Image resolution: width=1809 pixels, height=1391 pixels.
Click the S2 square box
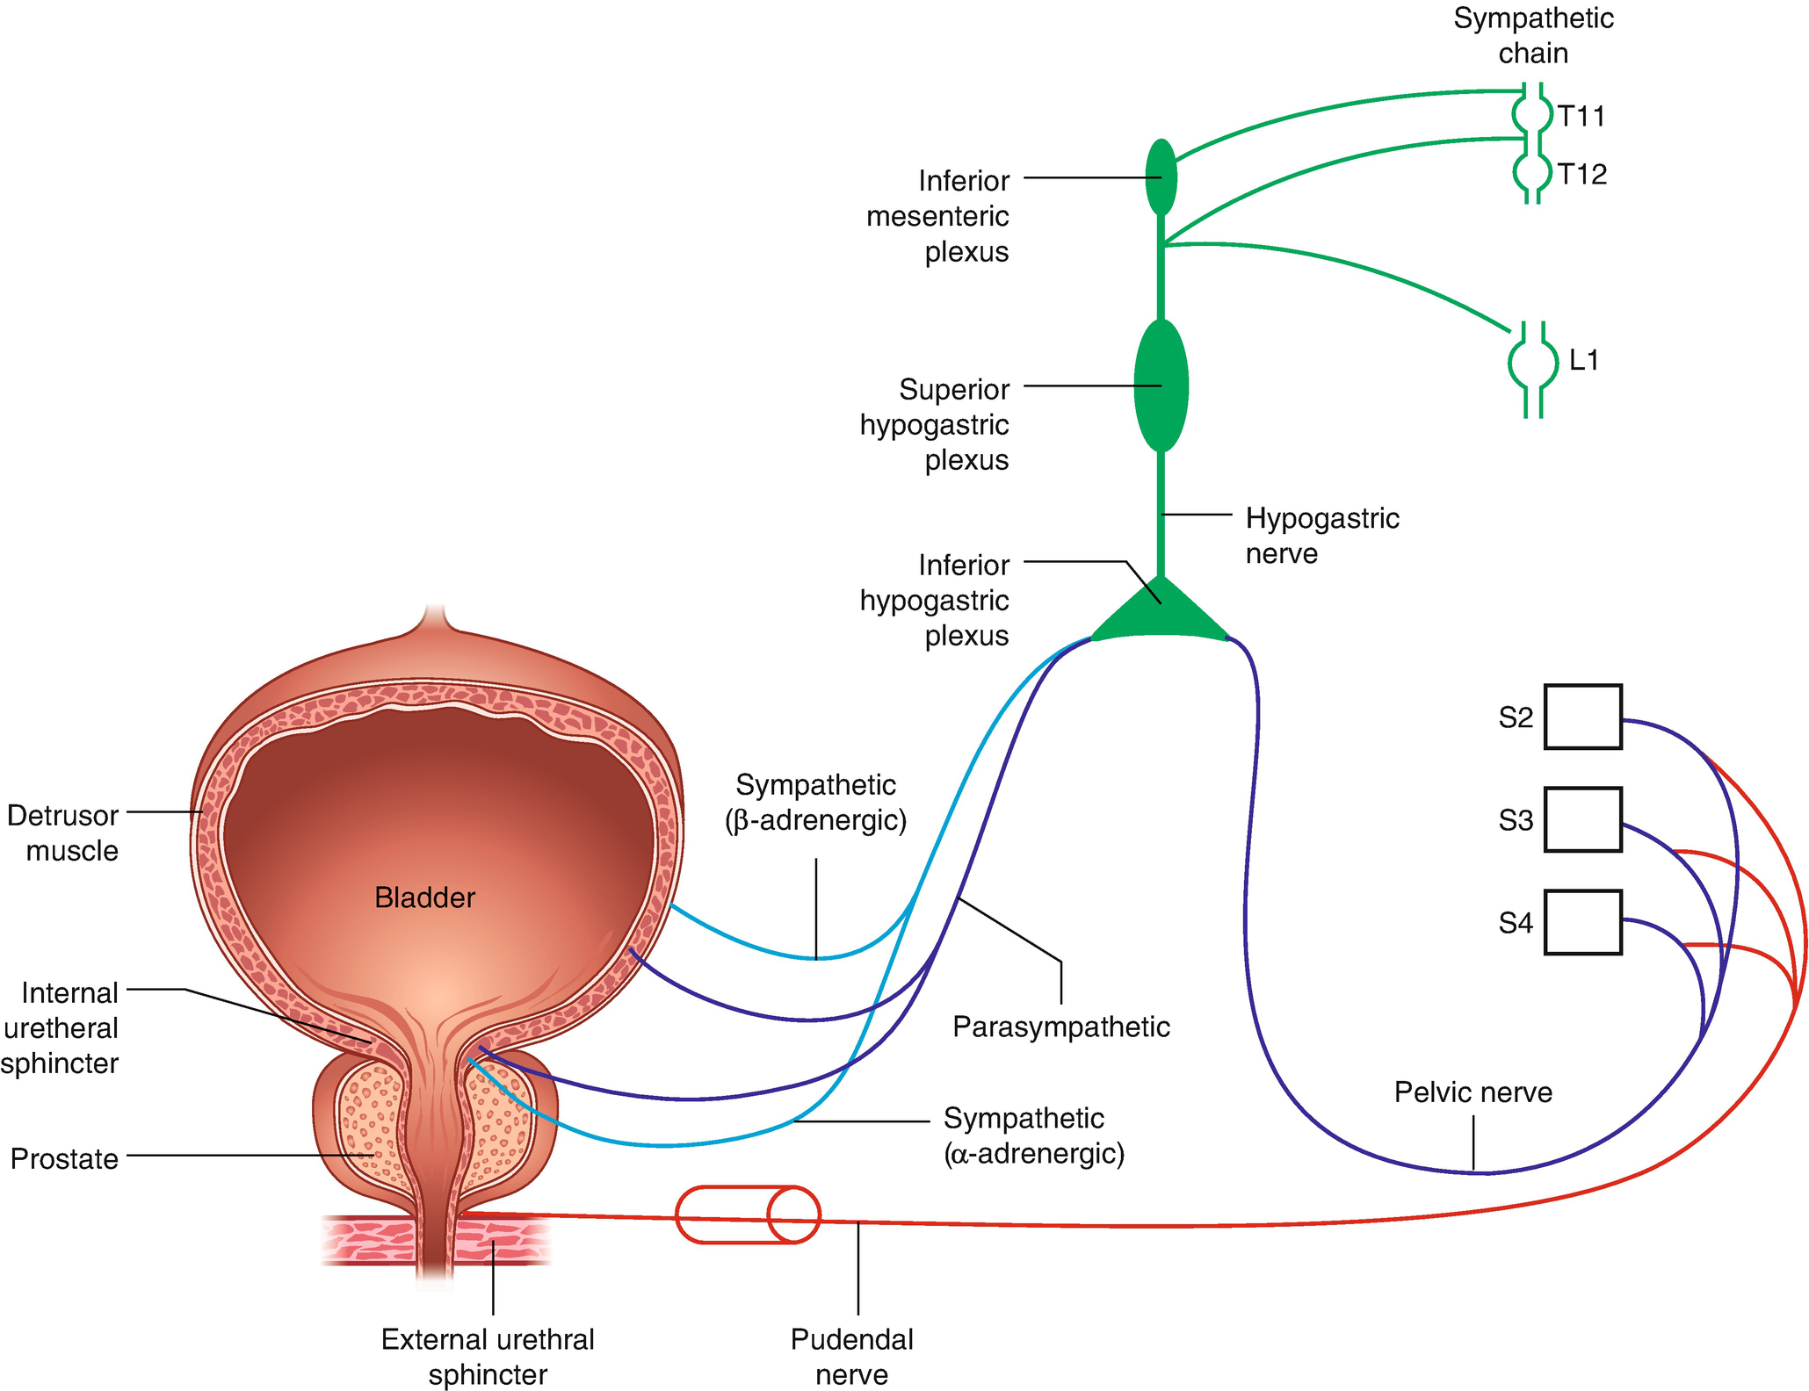[1582, 717]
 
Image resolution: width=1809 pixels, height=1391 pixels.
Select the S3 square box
[1582, 819]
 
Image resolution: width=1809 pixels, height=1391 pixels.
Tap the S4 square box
[1582, 922]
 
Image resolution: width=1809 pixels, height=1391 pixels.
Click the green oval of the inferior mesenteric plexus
[1161, 177]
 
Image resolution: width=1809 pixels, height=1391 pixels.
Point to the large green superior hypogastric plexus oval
[1161, 386]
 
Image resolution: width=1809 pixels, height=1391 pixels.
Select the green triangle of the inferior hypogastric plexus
[1160, 614]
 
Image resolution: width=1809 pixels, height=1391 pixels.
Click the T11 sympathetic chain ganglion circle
[1532, 114]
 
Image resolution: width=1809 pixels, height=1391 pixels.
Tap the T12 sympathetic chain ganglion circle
[1532, 172]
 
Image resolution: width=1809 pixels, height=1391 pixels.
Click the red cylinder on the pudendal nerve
[748, 1215]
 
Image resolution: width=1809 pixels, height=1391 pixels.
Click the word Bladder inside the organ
[424, 897]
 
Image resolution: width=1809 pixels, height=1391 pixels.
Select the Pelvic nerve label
[1473, 1092]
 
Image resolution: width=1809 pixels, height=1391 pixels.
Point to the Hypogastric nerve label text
[1321, 536]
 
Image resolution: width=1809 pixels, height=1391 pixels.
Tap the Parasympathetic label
[1061, 1027]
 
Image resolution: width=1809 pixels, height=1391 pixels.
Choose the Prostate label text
[64, 1158]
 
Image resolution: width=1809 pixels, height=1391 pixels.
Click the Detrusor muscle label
[63, 832]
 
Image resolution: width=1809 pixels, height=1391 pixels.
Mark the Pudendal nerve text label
[851, 1356]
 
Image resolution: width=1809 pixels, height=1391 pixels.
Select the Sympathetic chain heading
[1533, 35]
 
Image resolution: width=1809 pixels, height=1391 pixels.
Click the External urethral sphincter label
[488, 1356]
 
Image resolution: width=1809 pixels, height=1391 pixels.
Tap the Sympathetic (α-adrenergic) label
[1034, 1135]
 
